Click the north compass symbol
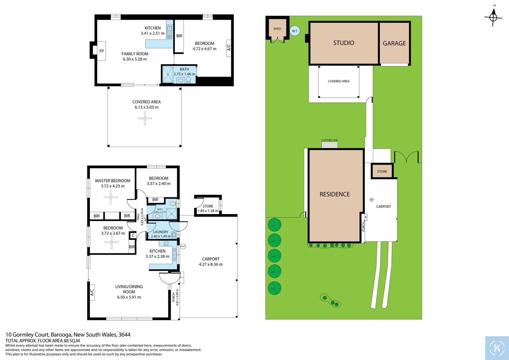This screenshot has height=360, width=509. pos(493,17)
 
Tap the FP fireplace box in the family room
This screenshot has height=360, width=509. pos(101,51)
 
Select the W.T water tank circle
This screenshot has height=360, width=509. pos(294,31)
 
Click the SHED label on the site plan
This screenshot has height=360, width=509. pos(277,29)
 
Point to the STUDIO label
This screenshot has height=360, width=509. pos(343,43)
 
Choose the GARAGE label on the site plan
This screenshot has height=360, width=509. pos(394,43)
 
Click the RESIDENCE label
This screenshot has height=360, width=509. pos(334,194)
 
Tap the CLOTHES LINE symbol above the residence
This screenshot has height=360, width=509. pos(329,145)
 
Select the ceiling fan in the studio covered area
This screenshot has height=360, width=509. pos(145,118)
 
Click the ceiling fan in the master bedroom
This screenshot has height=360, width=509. pos(111,197)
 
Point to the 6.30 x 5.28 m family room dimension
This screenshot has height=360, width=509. pos(135,59)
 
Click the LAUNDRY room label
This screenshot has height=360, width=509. pos(161,232)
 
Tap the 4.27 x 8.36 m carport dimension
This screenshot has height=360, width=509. pos(211,264)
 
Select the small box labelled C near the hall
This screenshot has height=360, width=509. pos(133,235)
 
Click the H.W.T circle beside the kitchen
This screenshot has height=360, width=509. pos(183,246)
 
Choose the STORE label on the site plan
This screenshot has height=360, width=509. pos(382,172)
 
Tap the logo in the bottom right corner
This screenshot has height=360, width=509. pos(497,348)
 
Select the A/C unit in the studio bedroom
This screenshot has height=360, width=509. pos(229,48)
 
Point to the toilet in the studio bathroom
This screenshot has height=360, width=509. pos(188,80)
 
